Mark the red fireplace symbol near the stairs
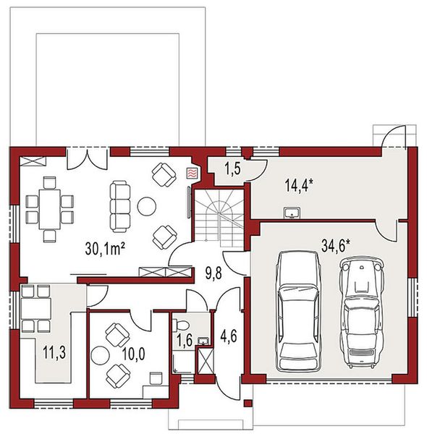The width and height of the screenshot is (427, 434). click(192, 173)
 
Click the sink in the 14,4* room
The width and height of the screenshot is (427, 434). click(292, 212)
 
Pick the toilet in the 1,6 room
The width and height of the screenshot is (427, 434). click(184, 323)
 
